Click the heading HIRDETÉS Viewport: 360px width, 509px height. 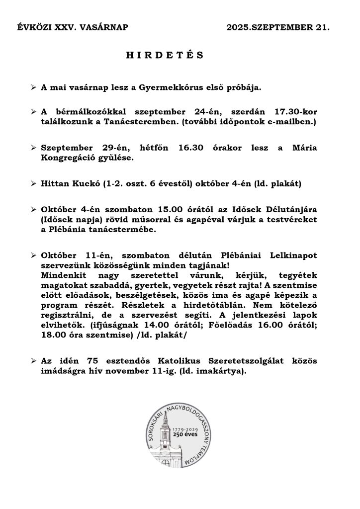tap(165, 55)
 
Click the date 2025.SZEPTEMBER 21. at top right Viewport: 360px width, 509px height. tap(277, 28)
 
